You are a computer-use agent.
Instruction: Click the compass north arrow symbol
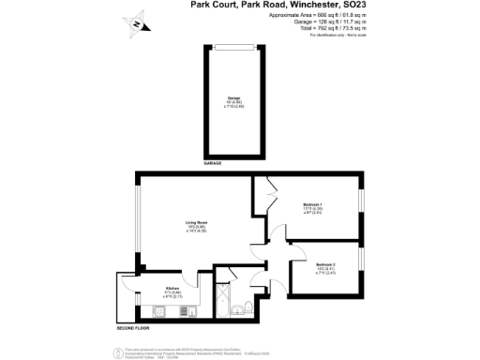tap(138, 24)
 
